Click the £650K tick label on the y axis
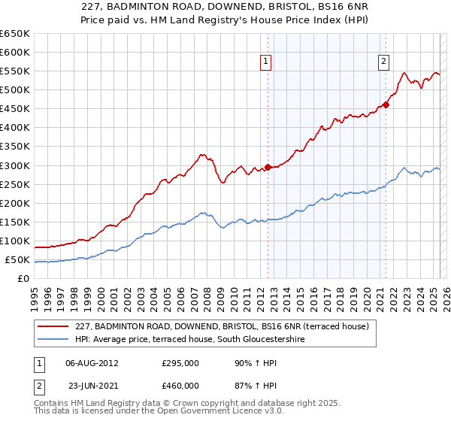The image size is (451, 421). (15, 34)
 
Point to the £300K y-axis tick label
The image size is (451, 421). (15, 165)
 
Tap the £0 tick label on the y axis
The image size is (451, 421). (23, 279)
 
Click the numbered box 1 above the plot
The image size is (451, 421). (267, 62)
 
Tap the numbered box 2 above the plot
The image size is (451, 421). (383, 62)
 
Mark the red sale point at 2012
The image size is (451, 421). (268, 167)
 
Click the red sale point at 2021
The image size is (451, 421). (386, 104)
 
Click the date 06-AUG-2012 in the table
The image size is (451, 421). (92, 362)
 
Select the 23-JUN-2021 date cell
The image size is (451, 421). (92, 386)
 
